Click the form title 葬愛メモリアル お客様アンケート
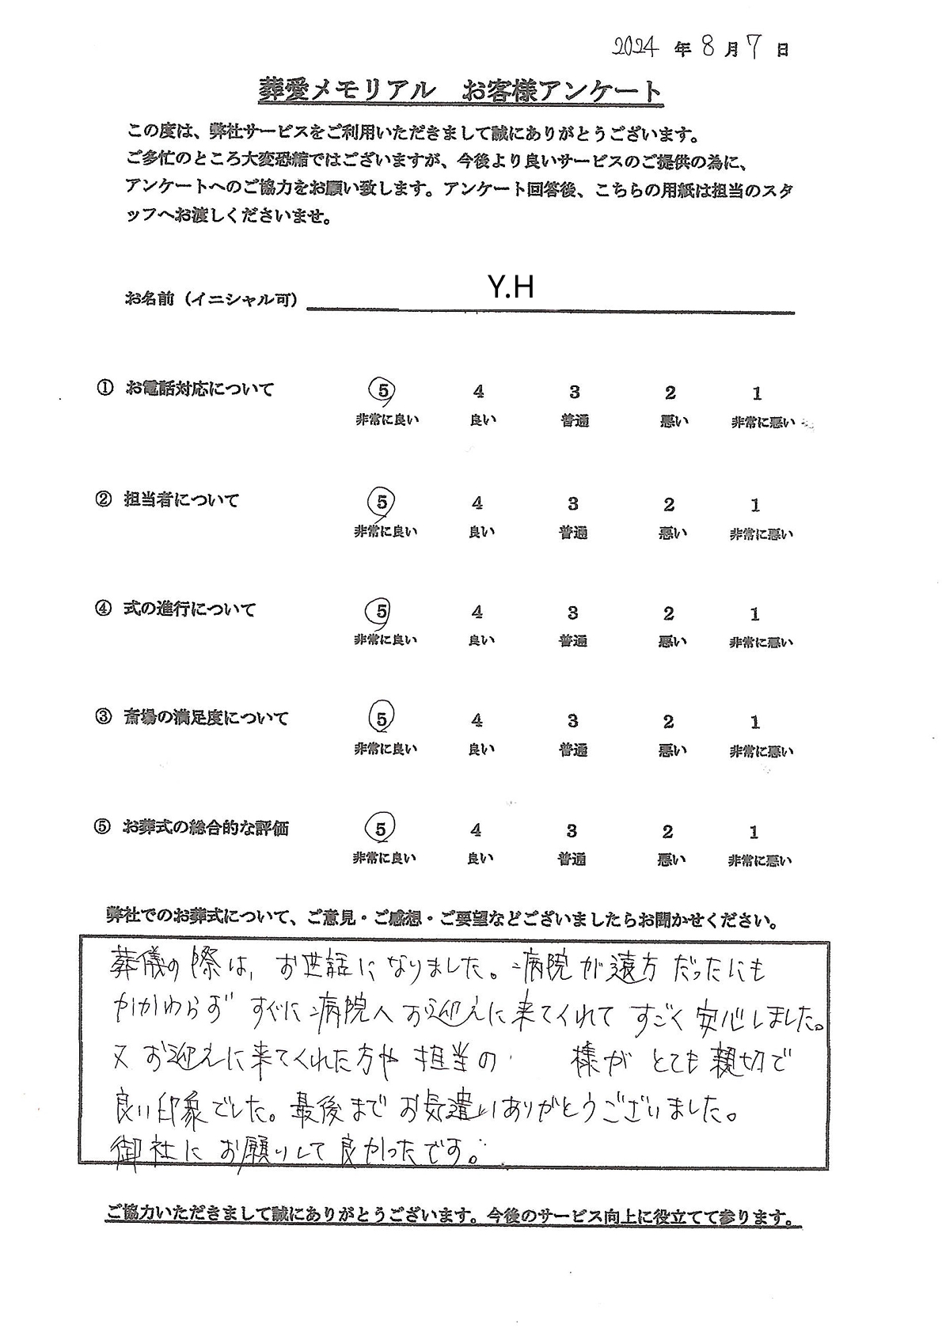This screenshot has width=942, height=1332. tap(460, 91)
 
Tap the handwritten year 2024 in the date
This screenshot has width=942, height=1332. tap(637, 49)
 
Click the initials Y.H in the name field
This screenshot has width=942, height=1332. tap(511, 287)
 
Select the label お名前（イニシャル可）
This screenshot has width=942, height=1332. tap(211, 300)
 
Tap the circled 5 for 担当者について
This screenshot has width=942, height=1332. tap(382, 502)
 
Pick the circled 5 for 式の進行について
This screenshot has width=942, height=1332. tap(382, 611)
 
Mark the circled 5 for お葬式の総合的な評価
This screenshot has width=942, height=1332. tap(381, 829)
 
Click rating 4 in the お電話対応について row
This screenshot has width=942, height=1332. tap(477, 391)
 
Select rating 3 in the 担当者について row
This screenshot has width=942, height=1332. tap(573, 503)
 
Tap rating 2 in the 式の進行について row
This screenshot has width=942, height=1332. tap(669, 613)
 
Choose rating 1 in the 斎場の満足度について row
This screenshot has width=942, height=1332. tap(755, 722)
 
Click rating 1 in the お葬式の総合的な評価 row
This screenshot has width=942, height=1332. tap(754, 832)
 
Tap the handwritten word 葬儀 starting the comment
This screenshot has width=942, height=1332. tap(134, 966)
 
